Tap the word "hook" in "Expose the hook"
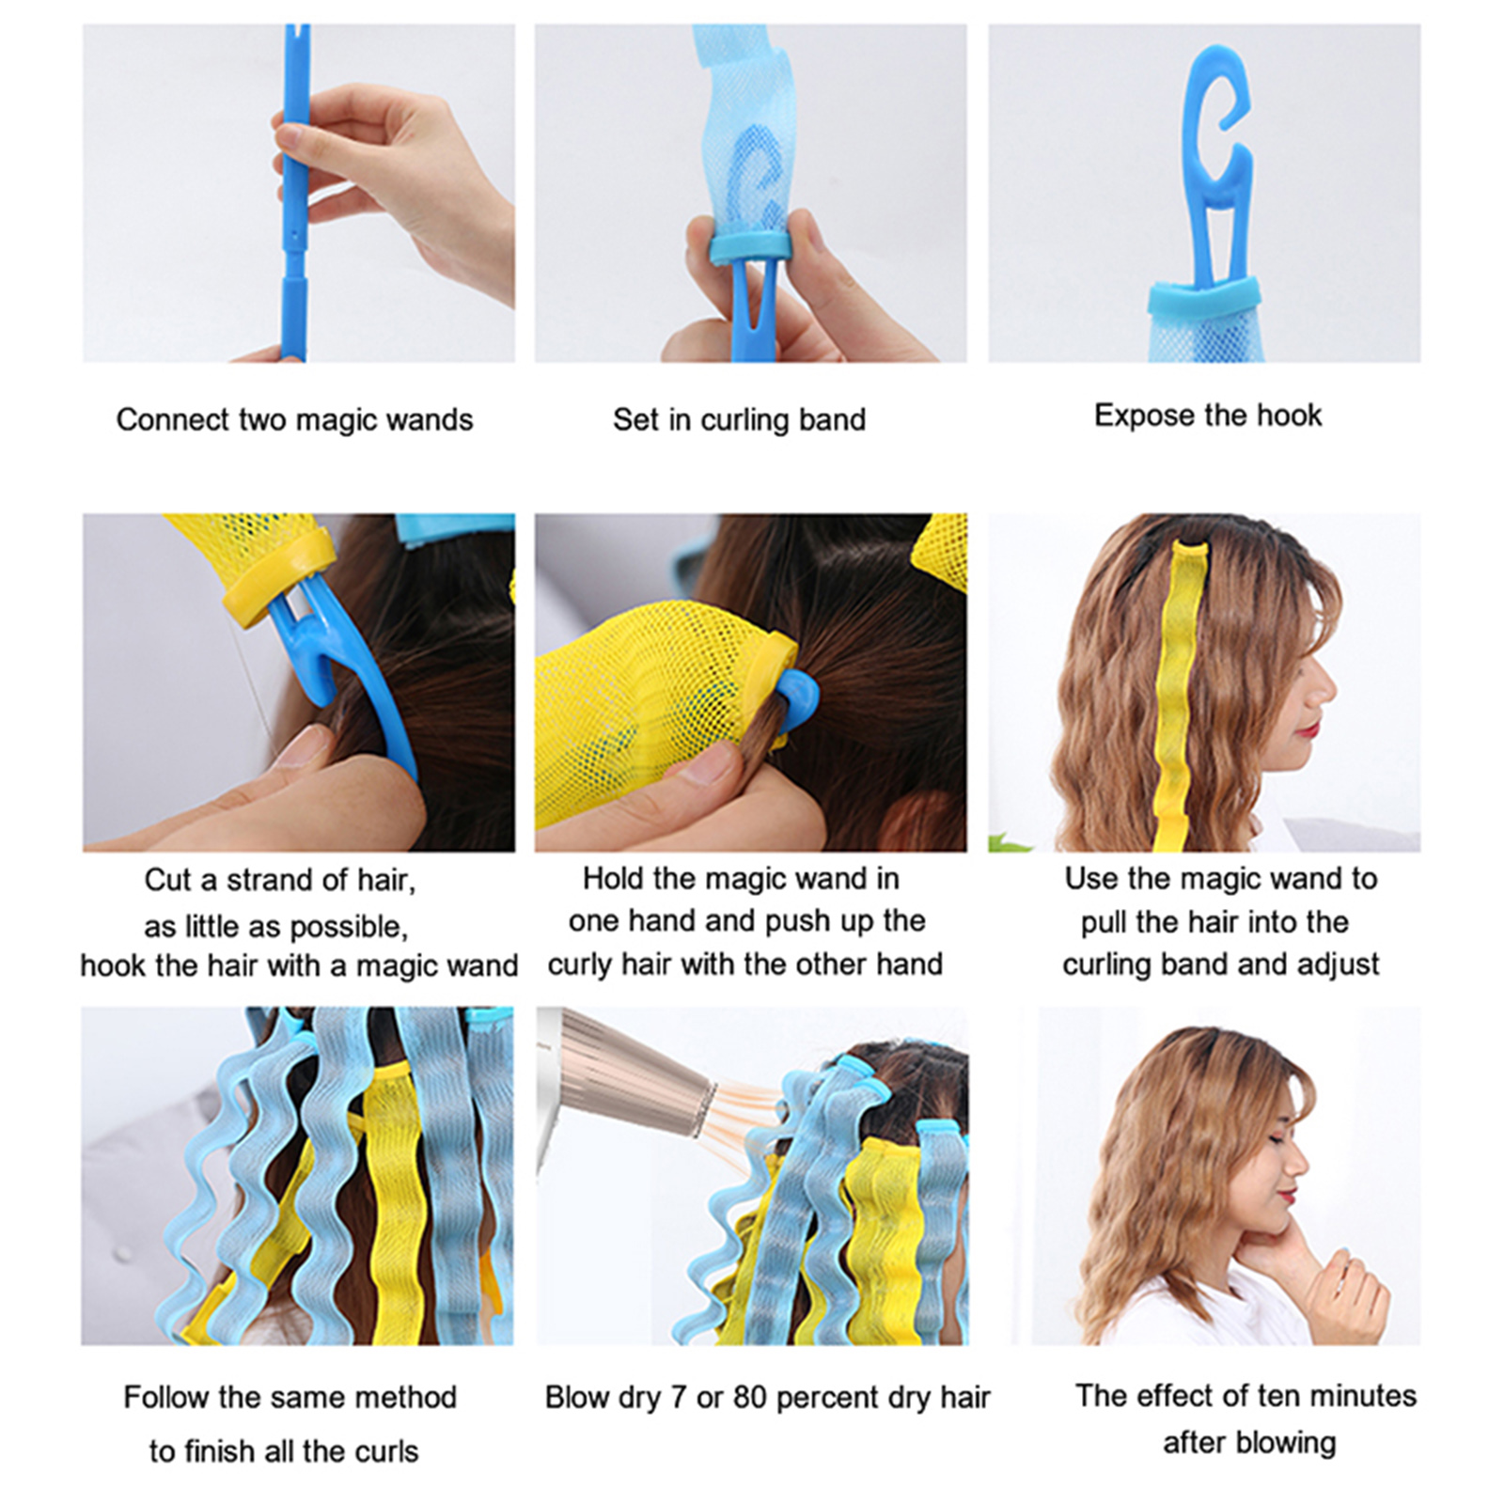click(1288, 415)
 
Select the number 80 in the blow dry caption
click(750, 1397)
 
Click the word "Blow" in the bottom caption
click(575, 1397)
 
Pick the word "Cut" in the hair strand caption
click(168, 880)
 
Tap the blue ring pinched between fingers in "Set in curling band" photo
click(747, 248)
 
